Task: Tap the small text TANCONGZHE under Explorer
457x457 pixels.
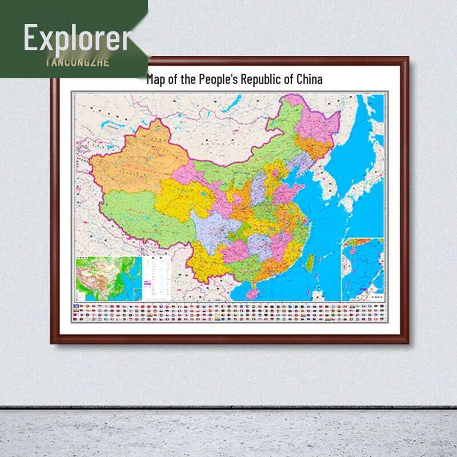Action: [77, 62]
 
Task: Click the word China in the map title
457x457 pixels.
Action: [309, 79]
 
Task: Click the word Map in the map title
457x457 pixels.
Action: [155, 79]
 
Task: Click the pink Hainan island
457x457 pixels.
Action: [252, 294]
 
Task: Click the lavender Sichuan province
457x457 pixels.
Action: [214, 226]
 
